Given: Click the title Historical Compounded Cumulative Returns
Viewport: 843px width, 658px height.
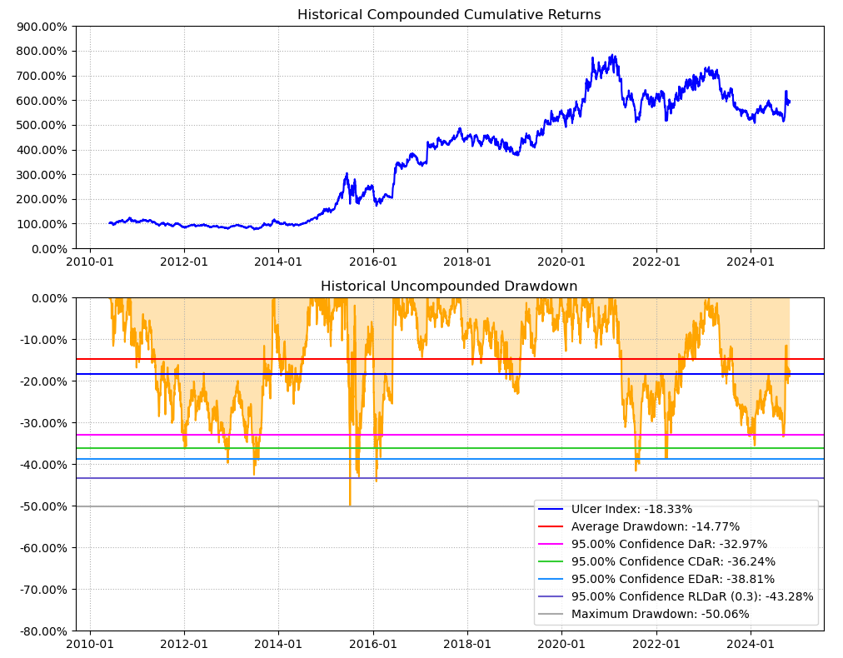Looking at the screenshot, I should coord(449,15).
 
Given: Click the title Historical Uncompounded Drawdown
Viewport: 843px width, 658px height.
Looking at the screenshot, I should coord(449,287).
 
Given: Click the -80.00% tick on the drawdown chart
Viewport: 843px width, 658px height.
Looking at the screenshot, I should coord(40,631).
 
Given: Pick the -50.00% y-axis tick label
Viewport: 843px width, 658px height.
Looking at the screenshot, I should coord(40,506).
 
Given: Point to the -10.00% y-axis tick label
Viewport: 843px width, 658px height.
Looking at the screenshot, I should coord(40,340).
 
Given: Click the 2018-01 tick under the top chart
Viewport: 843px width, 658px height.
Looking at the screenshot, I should coord(467,262).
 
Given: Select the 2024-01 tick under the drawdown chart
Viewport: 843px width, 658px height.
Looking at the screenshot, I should coord(751,644).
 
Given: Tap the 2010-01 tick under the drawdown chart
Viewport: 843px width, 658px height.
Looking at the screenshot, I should coord(90,644).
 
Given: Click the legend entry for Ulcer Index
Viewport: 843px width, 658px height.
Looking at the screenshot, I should coord(631,509).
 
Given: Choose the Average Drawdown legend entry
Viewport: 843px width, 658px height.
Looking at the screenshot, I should coord(655,526).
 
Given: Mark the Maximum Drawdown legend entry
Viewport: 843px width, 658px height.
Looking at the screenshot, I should coord(660,614).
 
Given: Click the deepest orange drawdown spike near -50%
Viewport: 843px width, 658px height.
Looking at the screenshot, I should coord(350,502).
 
